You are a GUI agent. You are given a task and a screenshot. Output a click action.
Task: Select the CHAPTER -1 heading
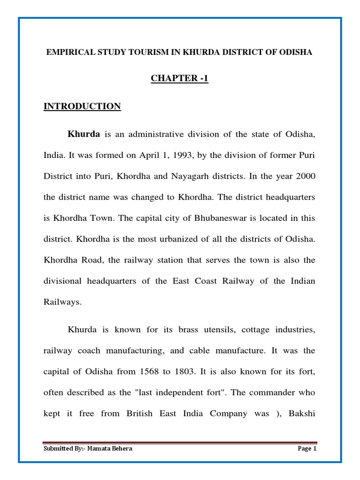180,79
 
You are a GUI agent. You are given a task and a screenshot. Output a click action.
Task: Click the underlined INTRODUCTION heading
82,106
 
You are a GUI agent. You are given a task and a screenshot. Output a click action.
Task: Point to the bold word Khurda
84,135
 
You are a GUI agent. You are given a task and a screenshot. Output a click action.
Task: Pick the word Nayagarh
196,177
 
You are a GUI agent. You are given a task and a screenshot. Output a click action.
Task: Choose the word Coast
212,281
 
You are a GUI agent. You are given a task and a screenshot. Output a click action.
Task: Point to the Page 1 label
307,449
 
